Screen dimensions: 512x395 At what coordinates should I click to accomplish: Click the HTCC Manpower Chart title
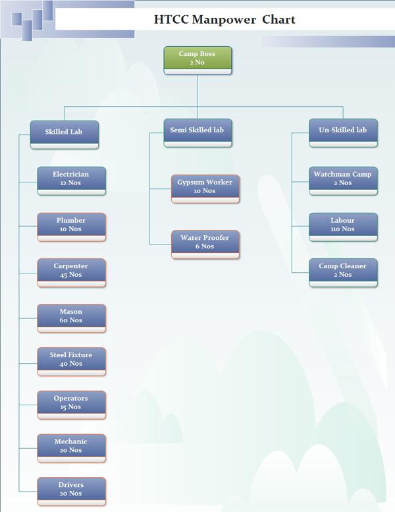coord(224,20)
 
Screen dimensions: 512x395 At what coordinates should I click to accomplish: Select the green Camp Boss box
coord(197,60)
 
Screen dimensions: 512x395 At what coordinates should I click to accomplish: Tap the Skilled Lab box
coord(65,133)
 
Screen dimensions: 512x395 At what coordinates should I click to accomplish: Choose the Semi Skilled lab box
coord(197,132)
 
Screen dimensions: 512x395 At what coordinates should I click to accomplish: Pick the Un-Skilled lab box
coord(343,132)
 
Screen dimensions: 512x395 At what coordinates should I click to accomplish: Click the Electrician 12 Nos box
coord(71,180)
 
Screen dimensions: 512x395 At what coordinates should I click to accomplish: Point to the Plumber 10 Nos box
coord(71,226)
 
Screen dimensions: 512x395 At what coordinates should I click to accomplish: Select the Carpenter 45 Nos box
coord(71,271)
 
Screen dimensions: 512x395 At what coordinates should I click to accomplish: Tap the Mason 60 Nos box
coord(71,317)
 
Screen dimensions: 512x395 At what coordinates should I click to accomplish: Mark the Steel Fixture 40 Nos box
coord(71,360)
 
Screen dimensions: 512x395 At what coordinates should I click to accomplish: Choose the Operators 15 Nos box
coord(71,404)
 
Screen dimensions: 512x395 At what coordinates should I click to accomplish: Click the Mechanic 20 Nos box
coord(71,447)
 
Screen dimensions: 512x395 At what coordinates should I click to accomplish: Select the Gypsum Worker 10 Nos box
coord(205,188)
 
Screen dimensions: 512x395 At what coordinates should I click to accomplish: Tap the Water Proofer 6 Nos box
coord(205,243)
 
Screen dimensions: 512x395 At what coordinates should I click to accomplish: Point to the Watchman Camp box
coord(342,180)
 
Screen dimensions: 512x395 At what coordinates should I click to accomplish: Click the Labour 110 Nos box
coord(342,226)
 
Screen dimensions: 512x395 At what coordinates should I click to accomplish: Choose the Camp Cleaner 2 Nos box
coord(342,271)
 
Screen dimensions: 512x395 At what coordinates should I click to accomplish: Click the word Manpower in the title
coord(224,20)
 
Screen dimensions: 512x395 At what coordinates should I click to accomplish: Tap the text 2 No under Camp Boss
coord(197,63)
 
